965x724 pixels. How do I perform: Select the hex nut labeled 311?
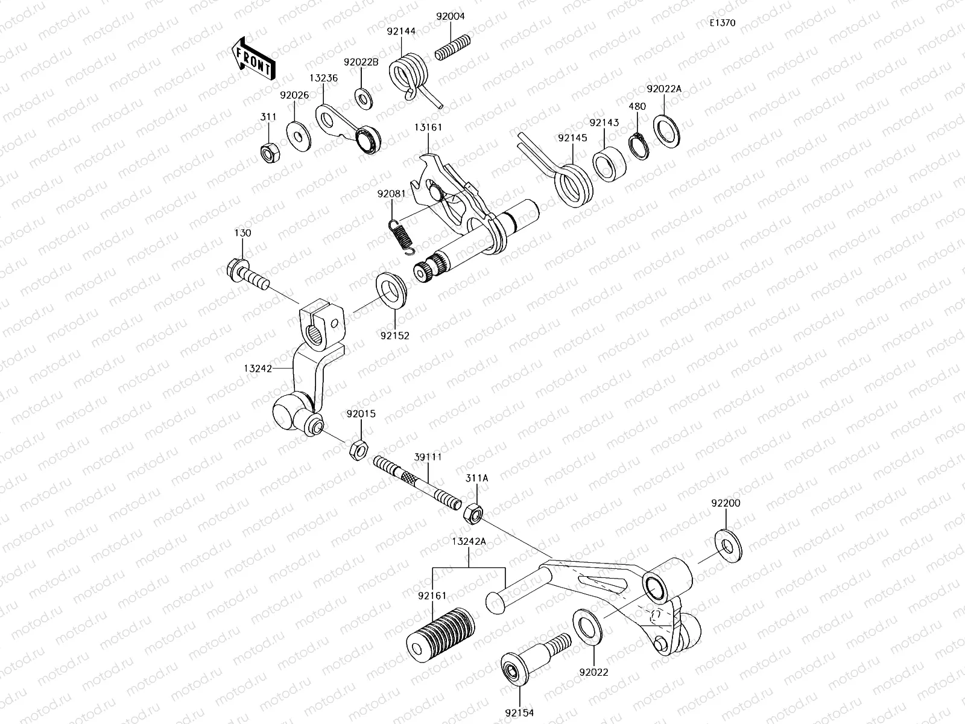point(268,154)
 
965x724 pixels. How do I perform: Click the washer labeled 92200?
point(729,543)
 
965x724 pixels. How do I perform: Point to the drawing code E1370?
point(722,24)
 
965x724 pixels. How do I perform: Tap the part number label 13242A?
point(468,541)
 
